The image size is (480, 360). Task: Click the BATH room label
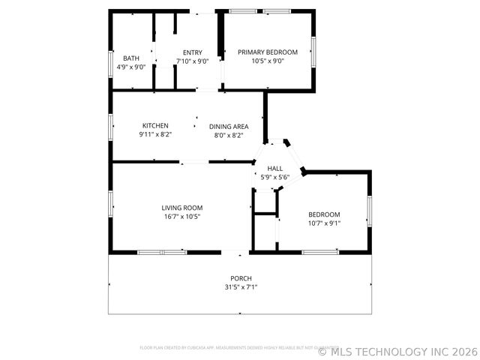click(131, 58)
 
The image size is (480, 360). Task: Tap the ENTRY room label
click(192, 52)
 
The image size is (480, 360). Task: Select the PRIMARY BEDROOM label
click(268, 52)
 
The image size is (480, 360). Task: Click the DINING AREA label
click(229, 127)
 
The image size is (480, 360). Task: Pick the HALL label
click(275, 169)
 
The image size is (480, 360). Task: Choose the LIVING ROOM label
click(182, 208)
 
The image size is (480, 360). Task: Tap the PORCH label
click(241, 278)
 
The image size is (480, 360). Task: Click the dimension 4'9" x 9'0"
click(131, 67)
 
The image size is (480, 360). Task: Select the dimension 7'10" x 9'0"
click(192, 61)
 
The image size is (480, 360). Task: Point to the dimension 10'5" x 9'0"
click(268, 61)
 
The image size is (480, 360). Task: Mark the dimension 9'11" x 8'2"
click(155, 135)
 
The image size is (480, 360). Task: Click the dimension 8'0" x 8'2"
click(229, 136)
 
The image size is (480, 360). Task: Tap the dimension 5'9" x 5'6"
click(275, 178)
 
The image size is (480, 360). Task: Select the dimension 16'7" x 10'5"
click(182, 217)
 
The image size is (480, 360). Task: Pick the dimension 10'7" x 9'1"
click(324, 223)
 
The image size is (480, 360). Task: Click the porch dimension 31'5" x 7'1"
click(241, 287)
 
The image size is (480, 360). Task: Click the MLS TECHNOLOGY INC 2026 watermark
click(397, 350)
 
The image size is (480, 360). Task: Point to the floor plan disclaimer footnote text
click(229, 347)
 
